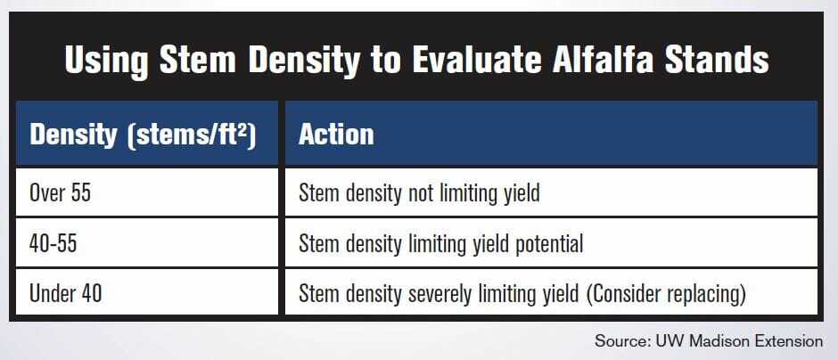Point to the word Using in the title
coord(106,61)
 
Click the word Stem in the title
coord(198,60)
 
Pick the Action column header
coord(336,134)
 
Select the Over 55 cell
coord(61,192)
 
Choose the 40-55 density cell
coord(53,243)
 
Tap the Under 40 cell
coord(66,293)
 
